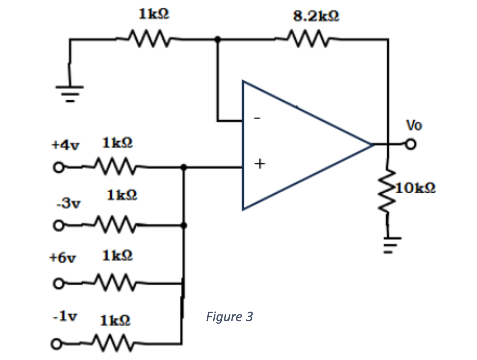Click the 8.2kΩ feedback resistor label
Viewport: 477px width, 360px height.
[x=316, y=16]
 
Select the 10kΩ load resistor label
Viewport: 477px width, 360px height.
[x=415, y=188]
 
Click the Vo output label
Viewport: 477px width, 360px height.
[x=414, y=126]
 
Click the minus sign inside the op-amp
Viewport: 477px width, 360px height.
[x=257, y=119]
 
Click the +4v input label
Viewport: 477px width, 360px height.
[x=66, y=145]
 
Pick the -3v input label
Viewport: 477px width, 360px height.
[x=69, y=203]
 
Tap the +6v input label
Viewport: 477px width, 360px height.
[x=63, y=257]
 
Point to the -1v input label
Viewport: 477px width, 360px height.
[x=65, y=316]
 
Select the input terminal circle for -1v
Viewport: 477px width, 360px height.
[x=56, y=344]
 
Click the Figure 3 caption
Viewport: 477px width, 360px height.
[x=229, y=317]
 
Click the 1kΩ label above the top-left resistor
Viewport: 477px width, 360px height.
[x=154, y=14]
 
